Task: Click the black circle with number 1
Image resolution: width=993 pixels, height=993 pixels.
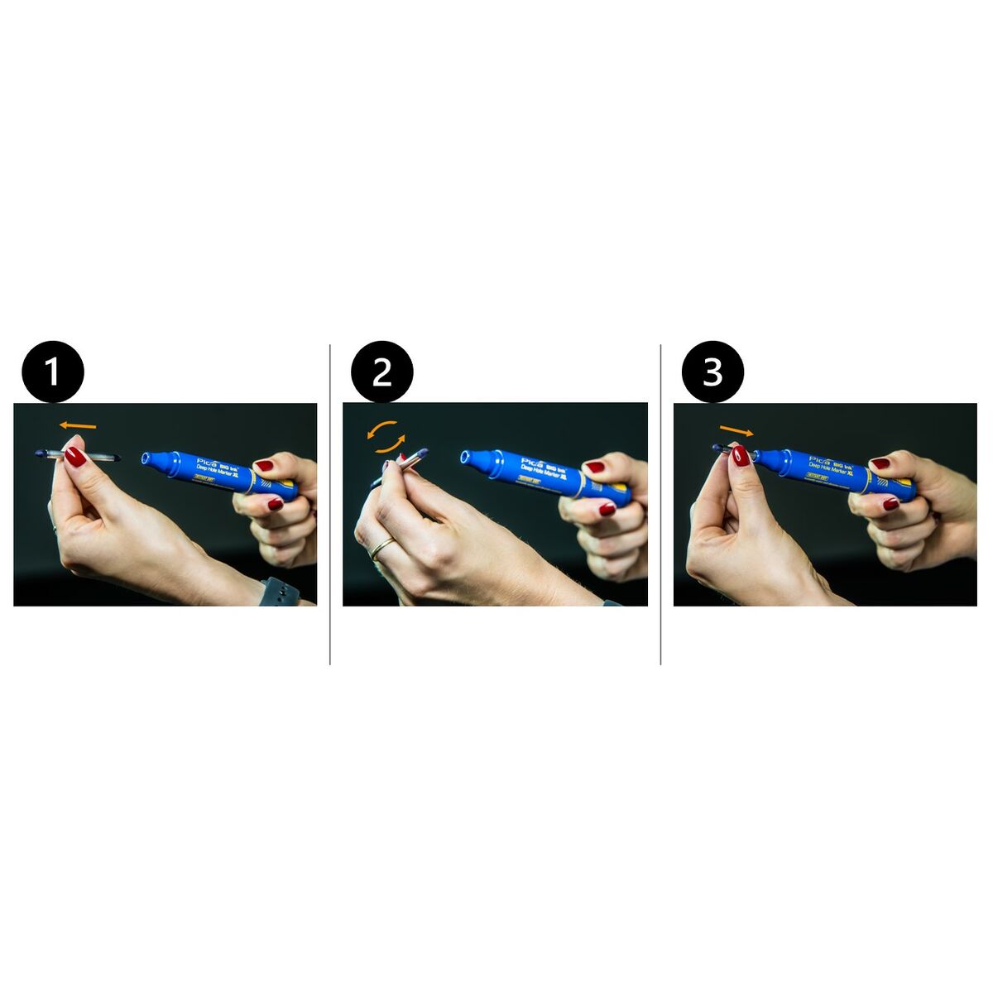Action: (x=53, y=372)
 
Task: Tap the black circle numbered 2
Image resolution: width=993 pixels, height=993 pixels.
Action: (x=381, y=372)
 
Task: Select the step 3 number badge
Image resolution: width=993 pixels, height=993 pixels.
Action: (x=712, y=372)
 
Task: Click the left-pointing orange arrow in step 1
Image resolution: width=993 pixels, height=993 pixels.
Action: (x=78, y=425)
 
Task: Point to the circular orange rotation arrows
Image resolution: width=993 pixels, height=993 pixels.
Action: (x=387, y=436)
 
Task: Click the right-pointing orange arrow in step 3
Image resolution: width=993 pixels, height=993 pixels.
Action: (x=736, y=430)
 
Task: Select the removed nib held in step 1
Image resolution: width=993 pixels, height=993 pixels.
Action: (x=79, y=455)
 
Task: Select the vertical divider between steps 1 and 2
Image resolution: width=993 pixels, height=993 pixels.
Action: (x=330, y=505)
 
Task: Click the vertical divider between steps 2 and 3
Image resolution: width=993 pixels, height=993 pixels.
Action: (x=660, y=505)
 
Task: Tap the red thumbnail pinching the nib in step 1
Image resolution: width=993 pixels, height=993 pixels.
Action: (x=76, y=456)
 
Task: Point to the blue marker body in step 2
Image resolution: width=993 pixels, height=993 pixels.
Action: (x=546, y=476)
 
